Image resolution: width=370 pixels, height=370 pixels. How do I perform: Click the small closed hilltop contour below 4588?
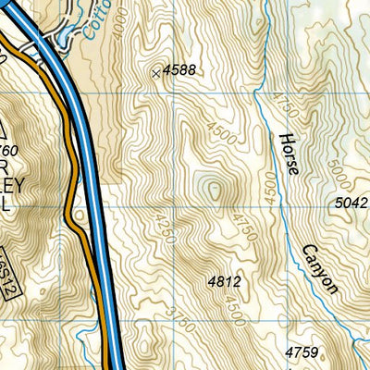click(215, 190)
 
